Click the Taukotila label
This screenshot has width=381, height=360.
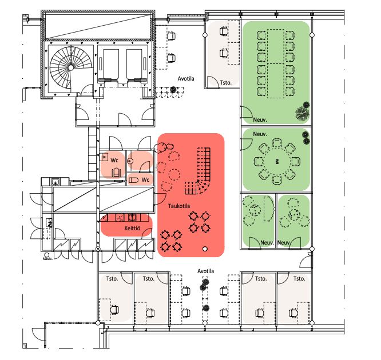(179, 206)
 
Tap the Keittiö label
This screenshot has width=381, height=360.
(132, 228)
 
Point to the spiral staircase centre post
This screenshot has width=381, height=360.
(71, 67)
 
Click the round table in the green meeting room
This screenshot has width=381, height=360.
(277, 162)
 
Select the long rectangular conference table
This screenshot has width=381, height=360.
(276, 63)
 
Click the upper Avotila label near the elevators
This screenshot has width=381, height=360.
(186, 79)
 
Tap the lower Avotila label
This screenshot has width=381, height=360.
(205, 271)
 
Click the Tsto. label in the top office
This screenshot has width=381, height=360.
(226, 82)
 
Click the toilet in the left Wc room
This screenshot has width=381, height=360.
(116, 173)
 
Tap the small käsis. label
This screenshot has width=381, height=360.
(47, 258)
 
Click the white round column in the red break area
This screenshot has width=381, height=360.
(205, 249)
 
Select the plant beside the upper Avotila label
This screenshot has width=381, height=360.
(173, 90)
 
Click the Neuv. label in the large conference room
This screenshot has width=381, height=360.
(260, 119)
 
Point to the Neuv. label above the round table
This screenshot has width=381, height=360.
(260, 134)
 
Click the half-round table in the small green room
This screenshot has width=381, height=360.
(269, 209)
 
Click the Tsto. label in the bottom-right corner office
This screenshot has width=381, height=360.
(299, 279)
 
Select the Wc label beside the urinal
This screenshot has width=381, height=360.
(145, 179)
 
